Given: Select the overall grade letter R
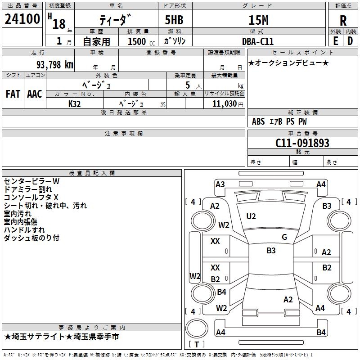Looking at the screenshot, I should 343,20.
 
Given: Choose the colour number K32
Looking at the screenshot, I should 74,103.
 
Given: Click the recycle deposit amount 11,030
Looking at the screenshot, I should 224,103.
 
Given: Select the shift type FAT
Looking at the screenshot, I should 13,94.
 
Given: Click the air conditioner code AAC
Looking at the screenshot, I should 34,94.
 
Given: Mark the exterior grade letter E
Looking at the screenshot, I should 335,41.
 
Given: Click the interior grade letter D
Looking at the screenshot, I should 350,41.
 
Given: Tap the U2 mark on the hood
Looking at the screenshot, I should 251,216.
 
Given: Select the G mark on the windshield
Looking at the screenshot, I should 284,237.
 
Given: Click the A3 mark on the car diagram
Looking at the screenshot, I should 220,184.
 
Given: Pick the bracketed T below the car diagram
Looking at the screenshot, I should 196,344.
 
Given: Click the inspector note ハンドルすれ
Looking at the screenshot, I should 25,230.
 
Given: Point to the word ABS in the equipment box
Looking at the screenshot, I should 258,121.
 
